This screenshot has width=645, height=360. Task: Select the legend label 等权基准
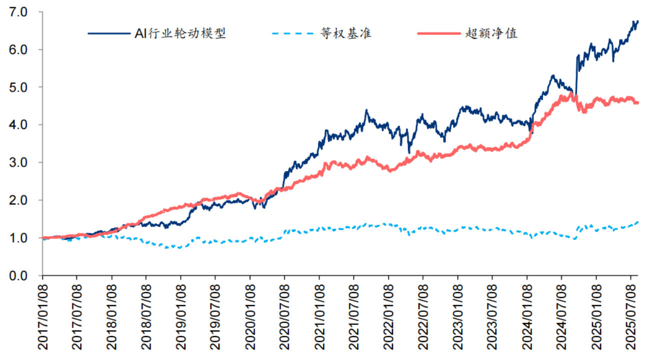tap(346, 34)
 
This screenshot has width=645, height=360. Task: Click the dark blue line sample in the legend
tap(106, 34)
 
